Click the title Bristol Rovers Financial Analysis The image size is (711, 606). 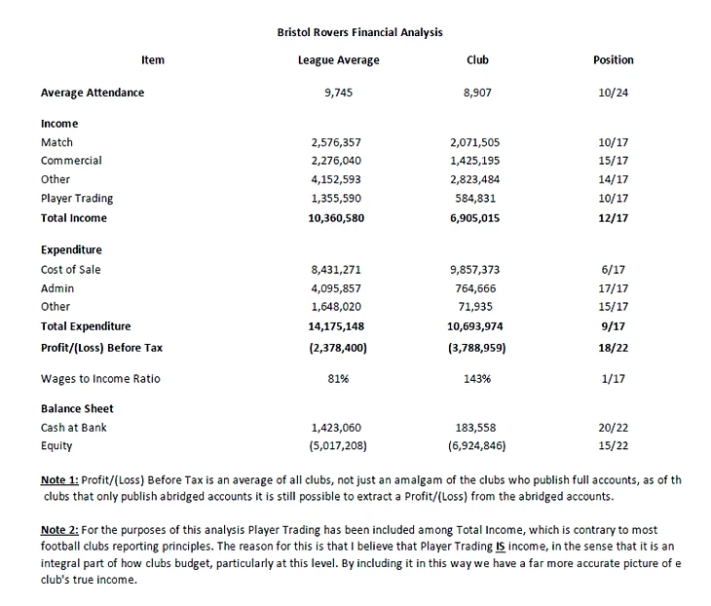click(359, 32)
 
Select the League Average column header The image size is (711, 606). click(338, 60)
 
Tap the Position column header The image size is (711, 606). click(613, 60)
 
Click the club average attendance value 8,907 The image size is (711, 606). click(477, 93)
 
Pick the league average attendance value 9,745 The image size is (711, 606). click(338, 93)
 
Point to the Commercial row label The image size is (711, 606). click(71, 161)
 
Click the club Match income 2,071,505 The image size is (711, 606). click(477, 142)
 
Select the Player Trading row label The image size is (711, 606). click(77, 199)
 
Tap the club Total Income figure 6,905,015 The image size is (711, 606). click(477, 218)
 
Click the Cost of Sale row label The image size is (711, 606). click(70, 270)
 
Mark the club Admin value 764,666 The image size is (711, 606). click(477, 288)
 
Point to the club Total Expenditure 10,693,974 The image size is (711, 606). click(477, 326)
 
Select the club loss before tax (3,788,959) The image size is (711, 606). click(477, 346)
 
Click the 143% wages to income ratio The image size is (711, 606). click(477, 378)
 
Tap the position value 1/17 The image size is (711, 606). click(613, 378)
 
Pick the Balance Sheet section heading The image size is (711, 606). click(77, 409)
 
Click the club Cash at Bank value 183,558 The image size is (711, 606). click(477, 428)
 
